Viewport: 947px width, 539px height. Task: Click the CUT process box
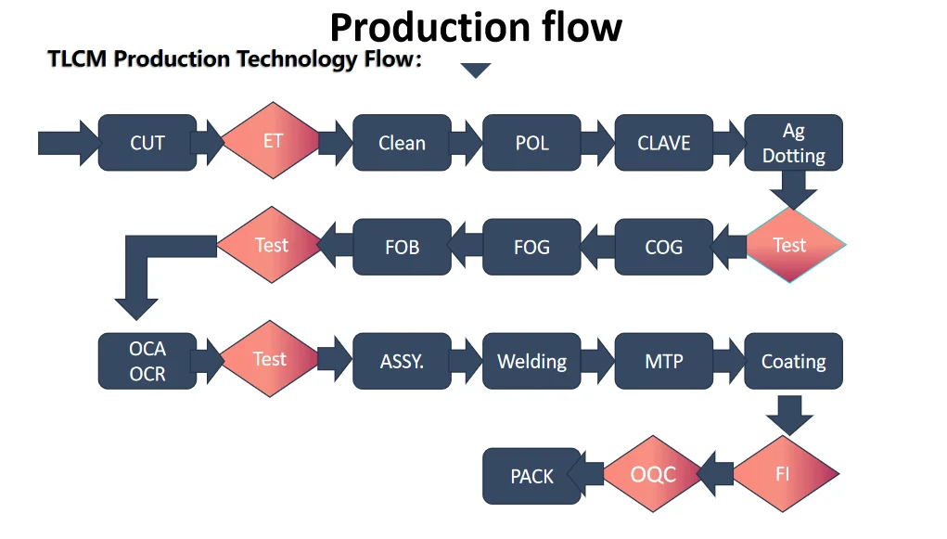147,143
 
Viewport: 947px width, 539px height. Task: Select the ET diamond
272,141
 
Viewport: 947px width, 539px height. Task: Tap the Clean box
402,143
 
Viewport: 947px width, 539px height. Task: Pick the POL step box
531,143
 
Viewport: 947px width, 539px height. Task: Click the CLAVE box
663,143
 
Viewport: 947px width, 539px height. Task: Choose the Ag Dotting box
793,143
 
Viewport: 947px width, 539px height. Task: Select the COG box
663,247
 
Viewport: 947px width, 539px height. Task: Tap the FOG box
531,247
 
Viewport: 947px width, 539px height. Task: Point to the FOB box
402,247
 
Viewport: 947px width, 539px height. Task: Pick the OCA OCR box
147,361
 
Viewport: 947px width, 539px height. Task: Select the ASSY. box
402,361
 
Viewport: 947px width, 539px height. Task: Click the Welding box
531,361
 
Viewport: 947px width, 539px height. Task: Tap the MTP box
663,361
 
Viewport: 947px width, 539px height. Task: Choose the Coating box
793,361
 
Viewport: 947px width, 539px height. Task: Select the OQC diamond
653,475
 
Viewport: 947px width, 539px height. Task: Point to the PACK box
531,476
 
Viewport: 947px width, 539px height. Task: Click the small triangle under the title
476,71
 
